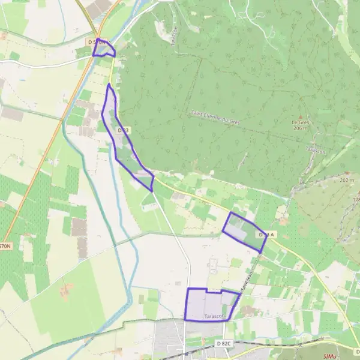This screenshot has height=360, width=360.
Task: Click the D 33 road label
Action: (123, 130)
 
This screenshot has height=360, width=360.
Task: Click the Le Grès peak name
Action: (301, 122)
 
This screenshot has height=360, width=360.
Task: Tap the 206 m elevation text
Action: (301, 128)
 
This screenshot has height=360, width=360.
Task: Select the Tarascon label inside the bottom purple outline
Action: (214, 316)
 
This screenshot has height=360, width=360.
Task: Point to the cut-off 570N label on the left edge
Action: (5, 246)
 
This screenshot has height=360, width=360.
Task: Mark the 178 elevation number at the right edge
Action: (356, 200)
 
